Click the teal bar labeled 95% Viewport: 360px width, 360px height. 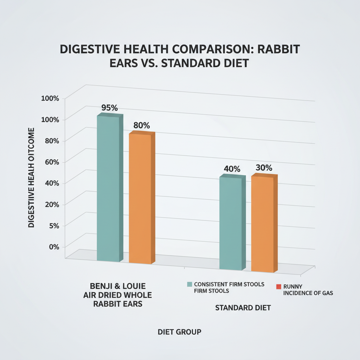[x=108, y=188]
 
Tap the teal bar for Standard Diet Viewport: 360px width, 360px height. [x=230, y=223]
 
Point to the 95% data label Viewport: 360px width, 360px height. [x=109, y=108]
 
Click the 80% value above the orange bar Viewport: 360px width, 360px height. [x=142, y=125]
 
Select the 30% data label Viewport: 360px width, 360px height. [x=264, y=168]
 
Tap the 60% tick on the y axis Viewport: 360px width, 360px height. [x=51, y=162]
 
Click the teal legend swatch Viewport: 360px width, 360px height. [x=189, y=284]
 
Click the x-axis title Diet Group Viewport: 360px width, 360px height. [x=180, y=332]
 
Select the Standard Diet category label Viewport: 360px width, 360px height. [x=243, y=308]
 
